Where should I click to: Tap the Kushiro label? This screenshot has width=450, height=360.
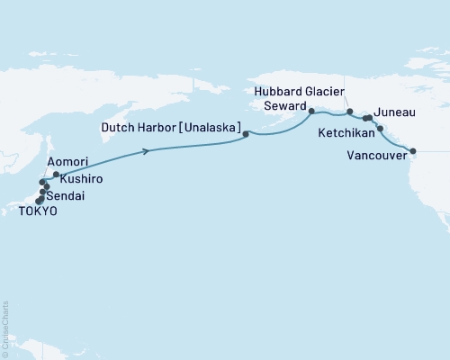click(x=81, y=180)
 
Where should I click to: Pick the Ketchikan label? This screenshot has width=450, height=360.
click(x=346, y=131)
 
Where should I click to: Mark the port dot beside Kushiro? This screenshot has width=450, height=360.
click(x=56, y=175)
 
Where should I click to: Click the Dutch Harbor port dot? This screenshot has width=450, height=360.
click(x=246, y=134)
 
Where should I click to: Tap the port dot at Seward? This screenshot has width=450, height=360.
click(x=311, y=112)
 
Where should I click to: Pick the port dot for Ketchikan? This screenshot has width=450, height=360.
click(x=380, y=129)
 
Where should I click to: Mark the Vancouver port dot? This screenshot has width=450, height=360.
click(x=413, y=151)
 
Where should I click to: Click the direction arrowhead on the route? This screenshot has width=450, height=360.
click(x=145, y=151)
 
